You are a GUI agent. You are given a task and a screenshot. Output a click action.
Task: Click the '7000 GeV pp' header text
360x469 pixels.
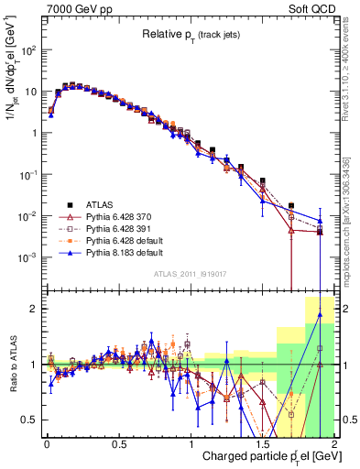pos(74,8)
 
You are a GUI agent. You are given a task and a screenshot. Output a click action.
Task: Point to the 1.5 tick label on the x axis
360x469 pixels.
pos(262,444)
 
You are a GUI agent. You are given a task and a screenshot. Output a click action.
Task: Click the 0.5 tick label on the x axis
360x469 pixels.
pos(118,444)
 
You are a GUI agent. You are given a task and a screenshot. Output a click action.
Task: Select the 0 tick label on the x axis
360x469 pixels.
pos(47,444)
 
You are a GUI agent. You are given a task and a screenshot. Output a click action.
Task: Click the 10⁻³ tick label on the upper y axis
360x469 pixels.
pos(30,257)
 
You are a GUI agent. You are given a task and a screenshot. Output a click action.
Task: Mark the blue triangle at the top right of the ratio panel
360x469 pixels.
pos(320,314)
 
